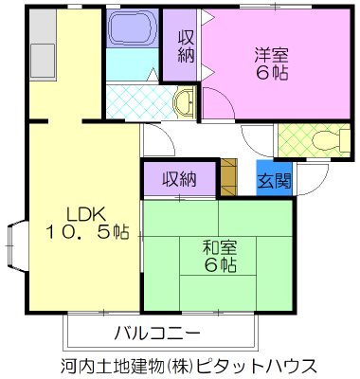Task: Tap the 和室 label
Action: (x=219, y=247)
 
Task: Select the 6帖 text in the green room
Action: (x=219, y=267)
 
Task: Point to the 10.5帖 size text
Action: (x=82, y=232)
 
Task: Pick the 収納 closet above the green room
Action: (x=179, y=178)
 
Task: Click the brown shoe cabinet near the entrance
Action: (x=228, y=178)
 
